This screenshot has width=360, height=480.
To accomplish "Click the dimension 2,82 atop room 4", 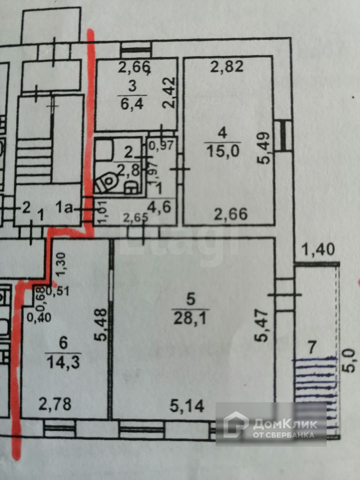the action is tap(227, 67).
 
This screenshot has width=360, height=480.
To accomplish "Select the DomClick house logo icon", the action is tap(236, 424).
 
